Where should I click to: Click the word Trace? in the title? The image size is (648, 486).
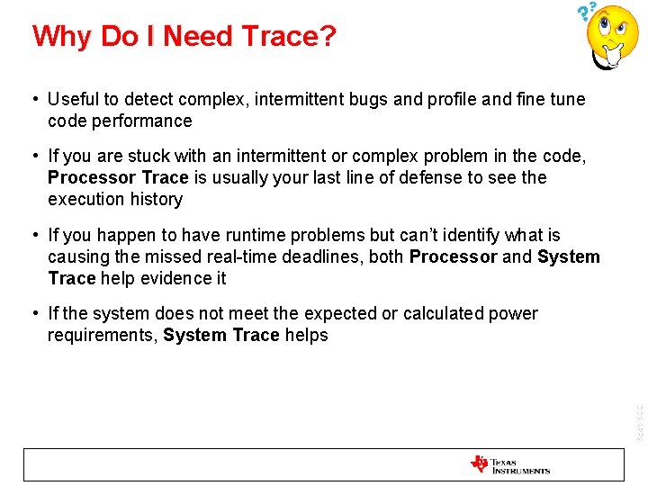tap(293, 36)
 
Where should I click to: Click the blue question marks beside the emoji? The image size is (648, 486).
tap(587, 11)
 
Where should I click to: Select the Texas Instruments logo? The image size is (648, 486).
tap(509, 465)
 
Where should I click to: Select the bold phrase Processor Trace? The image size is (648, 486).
tap(118, 178)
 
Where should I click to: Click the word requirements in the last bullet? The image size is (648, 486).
tap(101, 336)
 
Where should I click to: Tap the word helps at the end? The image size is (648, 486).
tap(306, 336)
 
